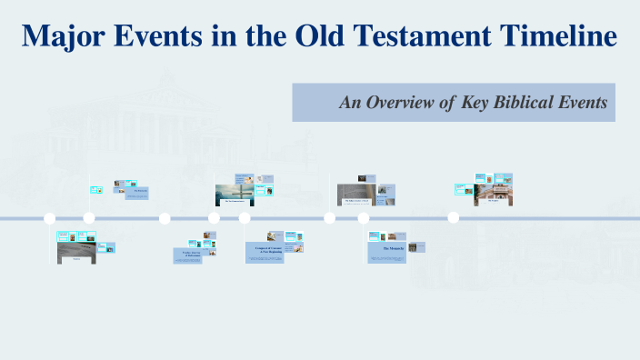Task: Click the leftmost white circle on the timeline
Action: pos(50,218)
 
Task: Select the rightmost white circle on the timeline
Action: pos(453,218)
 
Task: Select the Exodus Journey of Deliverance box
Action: pos(186,254)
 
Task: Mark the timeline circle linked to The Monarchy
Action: pos(364,218)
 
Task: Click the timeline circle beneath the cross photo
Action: pos(214,218)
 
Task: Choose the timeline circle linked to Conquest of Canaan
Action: pos(245,218)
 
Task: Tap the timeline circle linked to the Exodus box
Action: pos(165,218)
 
